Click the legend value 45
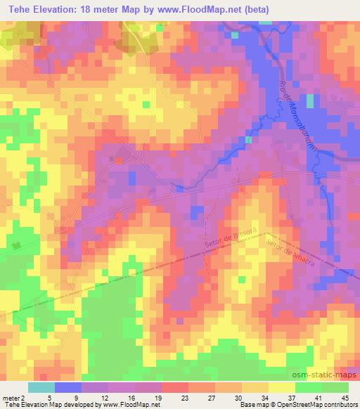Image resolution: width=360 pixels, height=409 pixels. point(345,398)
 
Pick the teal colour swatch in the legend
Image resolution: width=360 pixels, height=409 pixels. point(41,387)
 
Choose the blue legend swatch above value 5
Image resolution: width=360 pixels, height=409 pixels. point(67,387)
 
